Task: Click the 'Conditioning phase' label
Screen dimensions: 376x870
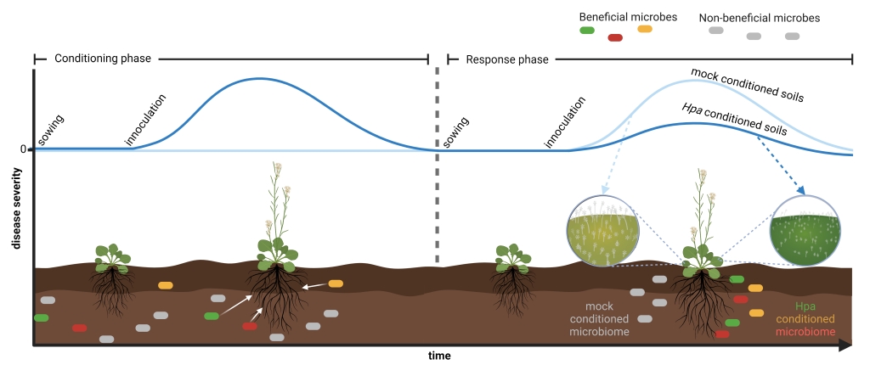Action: [x=102, y=59]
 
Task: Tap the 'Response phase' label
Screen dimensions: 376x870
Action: [x=506, y=59]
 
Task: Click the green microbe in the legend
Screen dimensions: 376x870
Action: [x=586, y=31]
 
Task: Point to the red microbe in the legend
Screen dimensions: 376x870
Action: [x=616, y=37]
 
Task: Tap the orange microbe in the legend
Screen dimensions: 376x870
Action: [x=645, y=30]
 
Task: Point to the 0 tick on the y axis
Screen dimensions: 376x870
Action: [x=23, y=149]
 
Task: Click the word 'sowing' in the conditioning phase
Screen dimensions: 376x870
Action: [x=51, y=128]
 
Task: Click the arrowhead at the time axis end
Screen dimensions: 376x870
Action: [x=845, y=345]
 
